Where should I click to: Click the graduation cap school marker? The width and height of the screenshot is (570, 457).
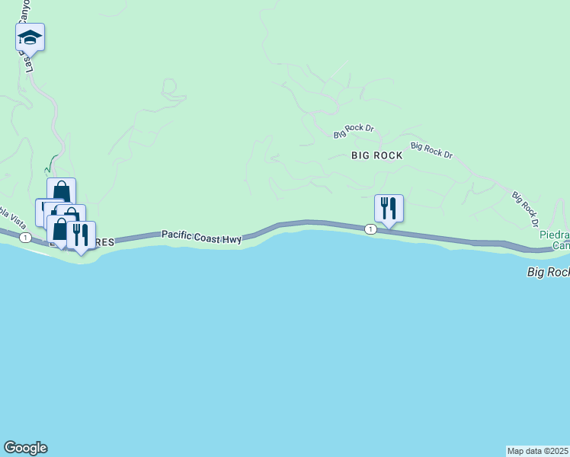[x=30, y=37]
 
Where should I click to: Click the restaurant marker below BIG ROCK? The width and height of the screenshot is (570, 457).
[x=389, y=208]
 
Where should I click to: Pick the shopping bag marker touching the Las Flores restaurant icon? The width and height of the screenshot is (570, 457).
[x=61, y=228]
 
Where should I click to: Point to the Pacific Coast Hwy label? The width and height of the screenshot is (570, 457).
[x=201, y=238]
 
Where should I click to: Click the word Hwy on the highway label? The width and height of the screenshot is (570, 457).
[x=233, y=239]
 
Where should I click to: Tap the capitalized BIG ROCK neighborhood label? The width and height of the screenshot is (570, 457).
[x=376, y=155]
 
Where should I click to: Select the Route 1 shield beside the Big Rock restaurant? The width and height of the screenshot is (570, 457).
[x=370, y=229]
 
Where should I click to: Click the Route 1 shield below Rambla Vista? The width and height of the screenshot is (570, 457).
[x=26, y=238]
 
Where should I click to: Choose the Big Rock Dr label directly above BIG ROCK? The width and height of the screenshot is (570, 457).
[x=354, y=131]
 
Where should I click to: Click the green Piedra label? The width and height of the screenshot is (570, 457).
[x=553, y=235]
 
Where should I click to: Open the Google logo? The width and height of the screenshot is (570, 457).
[x=25, y=448]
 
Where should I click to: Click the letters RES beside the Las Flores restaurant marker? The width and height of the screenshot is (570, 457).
[x=105, y=243]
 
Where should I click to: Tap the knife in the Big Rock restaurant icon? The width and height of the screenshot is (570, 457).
[x=393, y=207]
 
